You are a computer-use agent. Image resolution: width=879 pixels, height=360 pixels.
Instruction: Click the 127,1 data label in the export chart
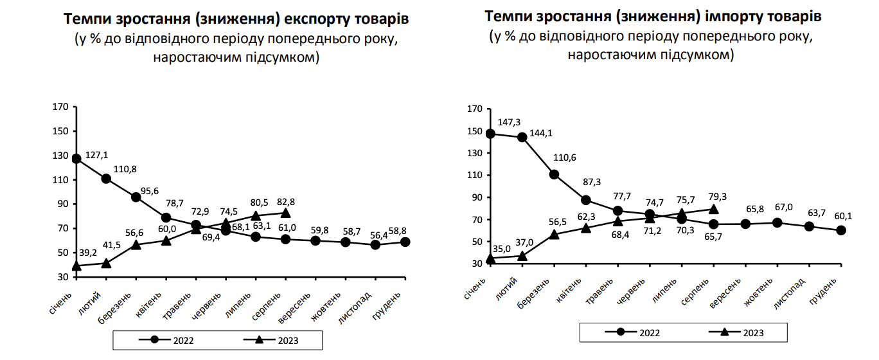pyautogui.click(x=97, y=155)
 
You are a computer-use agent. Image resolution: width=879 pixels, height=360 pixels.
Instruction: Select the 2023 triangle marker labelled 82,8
pyautogui.click(x=286, y=212)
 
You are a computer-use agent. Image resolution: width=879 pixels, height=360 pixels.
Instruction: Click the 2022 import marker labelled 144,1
pyautogui.click(x=522, y=137)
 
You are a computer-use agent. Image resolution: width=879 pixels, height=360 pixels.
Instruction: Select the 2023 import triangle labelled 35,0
pyautogui.click(x=491, y=258)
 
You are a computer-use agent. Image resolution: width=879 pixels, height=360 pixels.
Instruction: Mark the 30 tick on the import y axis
pyautogui.click(x=475, y=264)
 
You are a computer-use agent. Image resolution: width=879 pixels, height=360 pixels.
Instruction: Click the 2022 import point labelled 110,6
pyautogui.click(x=554, y=174)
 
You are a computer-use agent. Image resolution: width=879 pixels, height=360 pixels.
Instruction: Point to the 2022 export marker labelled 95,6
pyautogui.click(x=136, y=197)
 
